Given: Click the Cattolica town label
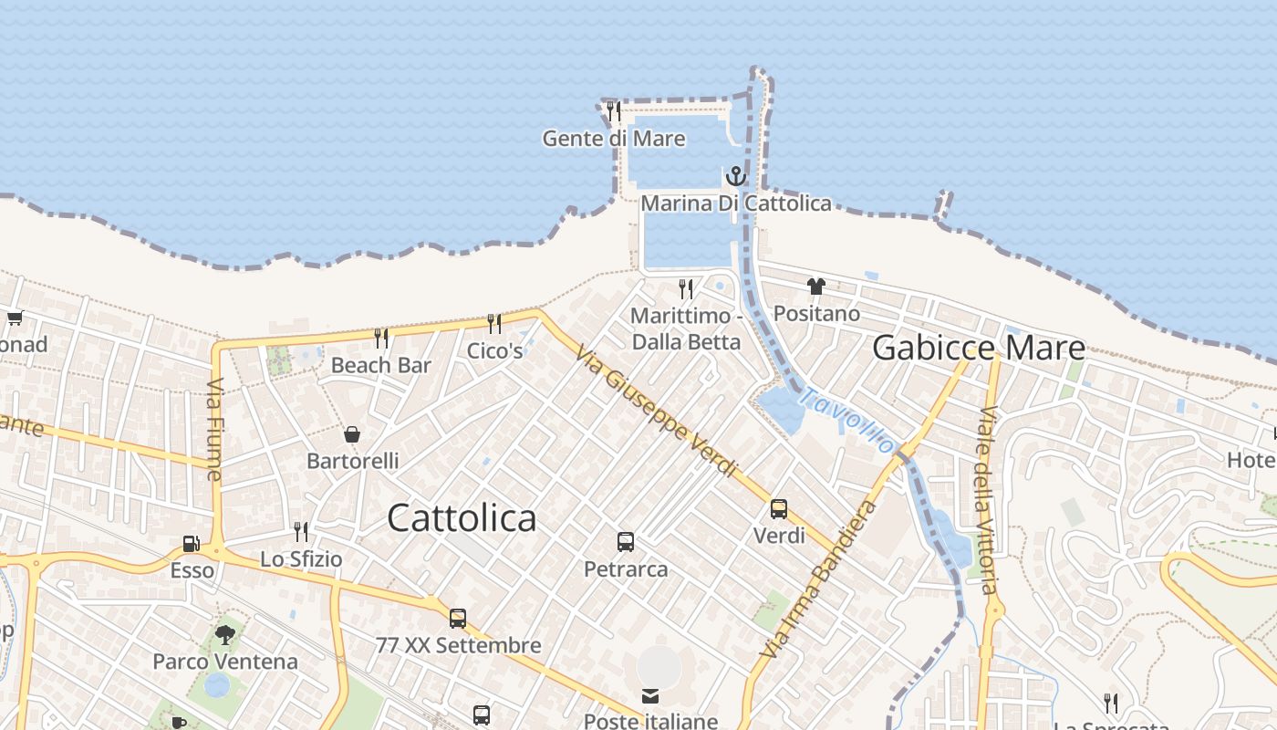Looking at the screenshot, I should point(462,518).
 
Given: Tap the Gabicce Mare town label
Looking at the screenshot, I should point(979,348).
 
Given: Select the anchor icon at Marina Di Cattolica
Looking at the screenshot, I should point(736,175).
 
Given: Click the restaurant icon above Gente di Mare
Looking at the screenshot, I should point(614,111).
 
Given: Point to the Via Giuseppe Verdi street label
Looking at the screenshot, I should point(656,411).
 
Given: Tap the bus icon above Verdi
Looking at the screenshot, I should point(779,509).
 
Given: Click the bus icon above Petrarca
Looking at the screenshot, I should point(626,542).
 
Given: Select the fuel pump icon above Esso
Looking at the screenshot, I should point(192,544).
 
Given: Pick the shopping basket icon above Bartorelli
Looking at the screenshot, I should point(352,434).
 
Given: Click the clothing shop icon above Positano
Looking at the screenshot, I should point(816,287).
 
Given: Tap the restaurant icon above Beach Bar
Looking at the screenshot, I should point(381,339).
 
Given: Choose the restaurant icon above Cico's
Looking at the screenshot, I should point(494,323).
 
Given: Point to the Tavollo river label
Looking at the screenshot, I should point(847,421).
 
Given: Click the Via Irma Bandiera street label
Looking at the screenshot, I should point(818,579).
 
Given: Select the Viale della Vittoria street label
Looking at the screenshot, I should point(986,500).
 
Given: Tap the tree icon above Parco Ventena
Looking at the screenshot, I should point(224,635).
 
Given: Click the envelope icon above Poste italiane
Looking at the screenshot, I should point(650,696).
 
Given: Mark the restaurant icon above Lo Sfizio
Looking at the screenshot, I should point(301,531).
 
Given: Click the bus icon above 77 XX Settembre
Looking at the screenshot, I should point(458,619).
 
